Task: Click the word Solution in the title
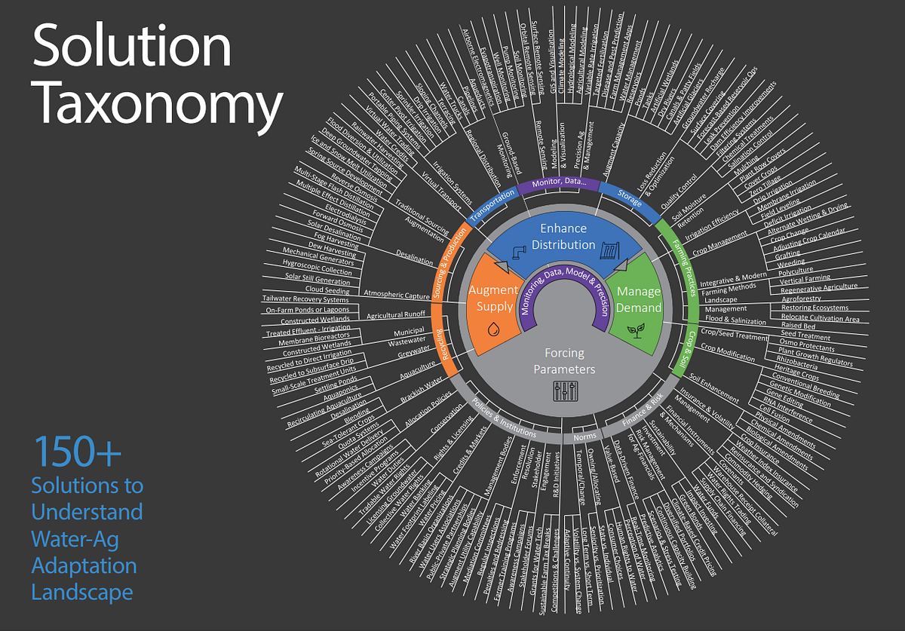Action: pos(132,47)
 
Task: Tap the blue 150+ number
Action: pos(77,452)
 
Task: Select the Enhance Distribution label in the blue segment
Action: pos(563,236)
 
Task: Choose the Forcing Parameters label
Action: pos(565,361)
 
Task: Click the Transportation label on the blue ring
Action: pos(494,205)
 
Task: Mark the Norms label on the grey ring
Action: pos(584,436)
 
